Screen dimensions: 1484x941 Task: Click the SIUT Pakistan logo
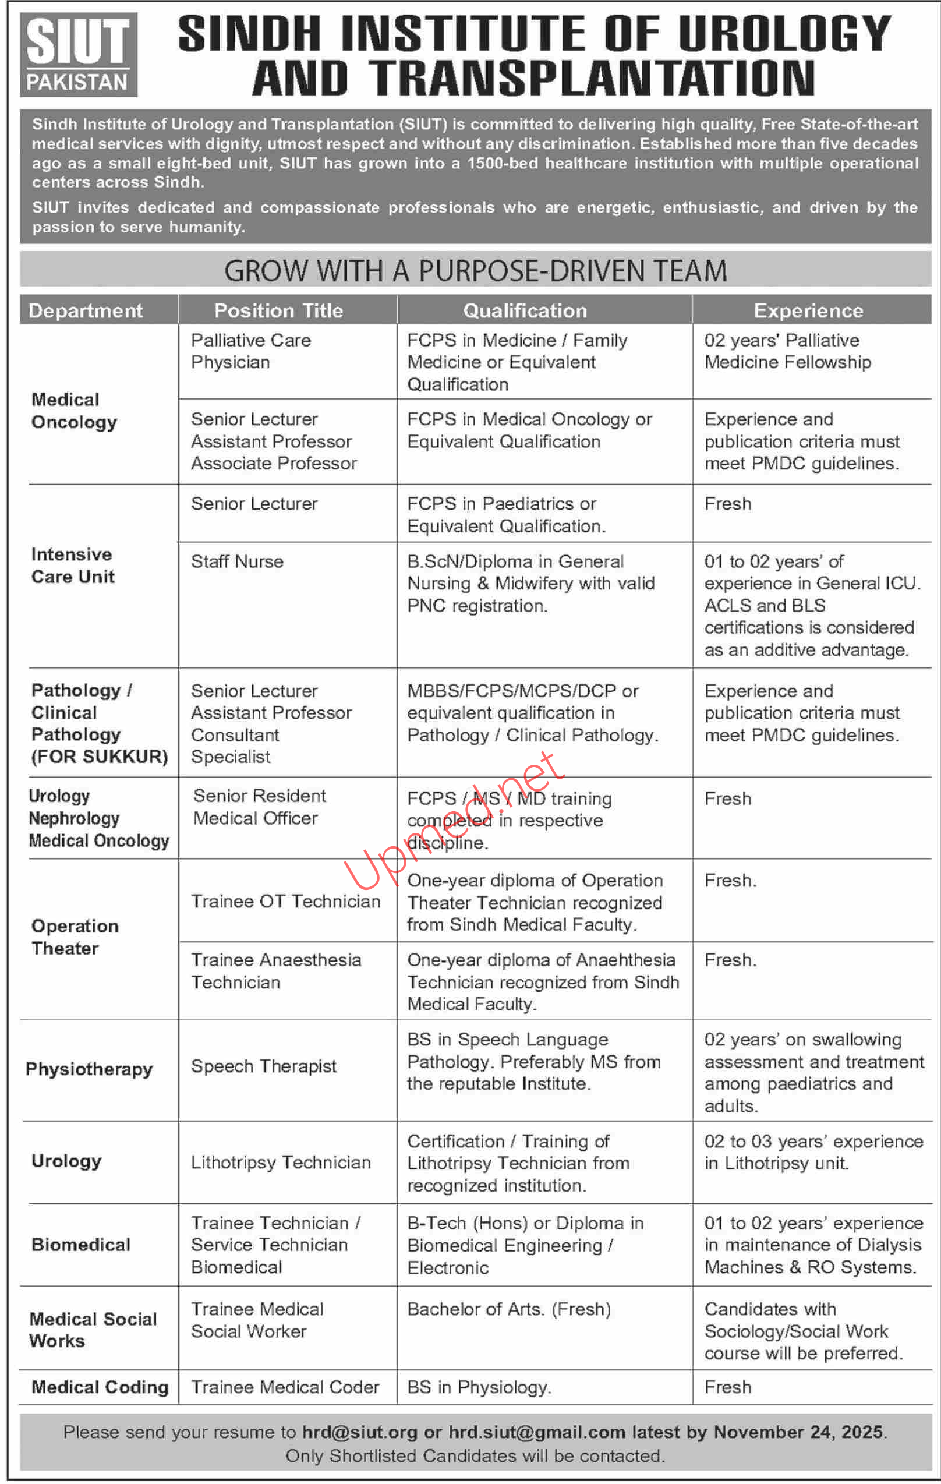[78, 55]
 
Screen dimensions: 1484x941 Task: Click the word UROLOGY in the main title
[784, 34]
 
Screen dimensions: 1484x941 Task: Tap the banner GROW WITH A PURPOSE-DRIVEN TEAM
[475, 271]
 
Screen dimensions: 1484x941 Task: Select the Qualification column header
[525, 310]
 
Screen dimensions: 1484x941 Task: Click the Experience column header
[808, 310]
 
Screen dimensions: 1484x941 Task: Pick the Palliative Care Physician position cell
[251, 351]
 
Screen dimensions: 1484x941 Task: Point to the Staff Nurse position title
[237, 561]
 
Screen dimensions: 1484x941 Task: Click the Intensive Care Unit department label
[73, 565]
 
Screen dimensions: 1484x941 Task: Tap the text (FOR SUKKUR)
[100, 756]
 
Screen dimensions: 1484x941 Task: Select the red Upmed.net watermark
[453, 819]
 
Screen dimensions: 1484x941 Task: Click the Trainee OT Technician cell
[285, 901]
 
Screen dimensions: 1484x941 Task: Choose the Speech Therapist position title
[264, 1066]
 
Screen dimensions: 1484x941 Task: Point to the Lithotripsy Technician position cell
[281, 1163]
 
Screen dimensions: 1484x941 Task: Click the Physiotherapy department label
[89, 1069]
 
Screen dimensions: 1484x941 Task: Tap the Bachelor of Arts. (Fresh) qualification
[509, 1309]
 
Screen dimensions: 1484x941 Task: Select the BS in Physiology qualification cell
[479, 1387]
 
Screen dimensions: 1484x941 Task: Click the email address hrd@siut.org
[359, 1432]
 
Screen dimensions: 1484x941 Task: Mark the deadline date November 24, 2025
[799, 1432]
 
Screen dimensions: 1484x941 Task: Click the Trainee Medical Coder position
[285, 1387]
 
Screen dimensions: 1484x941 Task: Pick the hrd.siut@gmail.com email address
[536, 1432]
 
